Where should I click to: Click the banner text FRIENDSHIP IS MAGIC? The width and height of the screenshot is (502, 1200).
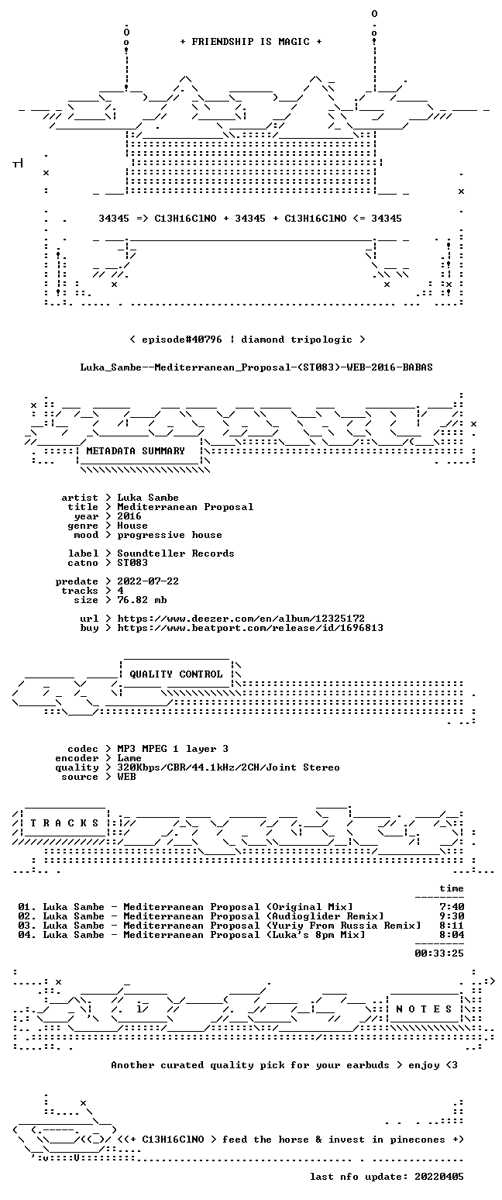coord(251,42)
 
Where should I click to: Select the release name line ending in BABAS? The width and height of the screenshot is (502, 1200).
coord(256,367)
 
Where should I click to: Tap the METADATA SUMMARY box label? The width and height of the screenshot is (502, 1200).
coord(136,451)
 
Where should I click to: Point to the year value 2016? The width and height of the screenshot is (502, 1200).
coord(129,516)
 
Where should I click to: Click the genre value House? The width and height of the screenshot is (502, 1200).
coord(132,526)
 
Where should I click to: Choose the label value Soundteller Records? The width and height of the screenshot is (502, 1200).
coord(176,553)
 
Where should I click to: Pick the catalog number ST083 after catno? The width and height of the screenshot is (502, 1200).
coord(132,563)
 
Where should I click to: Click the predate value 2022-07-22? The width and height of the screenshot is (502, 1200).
coord(148,581)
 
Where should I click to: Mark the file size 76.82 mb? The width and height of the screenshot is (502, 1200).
coord(142,600)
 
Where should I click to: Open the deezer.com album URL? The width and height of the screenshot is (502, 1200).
coord(241,619)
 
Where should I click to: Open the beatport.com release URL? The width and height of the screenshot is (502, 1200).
coord(250,628)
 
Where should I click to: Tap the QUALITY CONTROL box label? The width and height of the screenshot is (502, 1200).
coord(176,674)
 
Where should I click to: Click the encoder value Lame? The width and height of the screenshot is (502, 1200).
coord(129,758)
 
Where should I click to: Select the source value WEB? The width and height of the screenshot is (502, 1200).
coord(126,777)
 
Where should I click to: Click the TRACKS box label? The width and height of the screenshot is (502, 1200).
coord(65,822)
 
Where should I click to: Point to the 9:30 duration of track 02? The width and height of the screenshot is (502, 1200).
coord(452,916)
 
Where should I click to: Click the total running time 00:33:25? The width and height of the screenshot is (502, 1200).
coord(439,953)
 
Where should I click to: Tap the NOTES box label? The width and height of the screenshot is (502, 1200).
coord(424,1009)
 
